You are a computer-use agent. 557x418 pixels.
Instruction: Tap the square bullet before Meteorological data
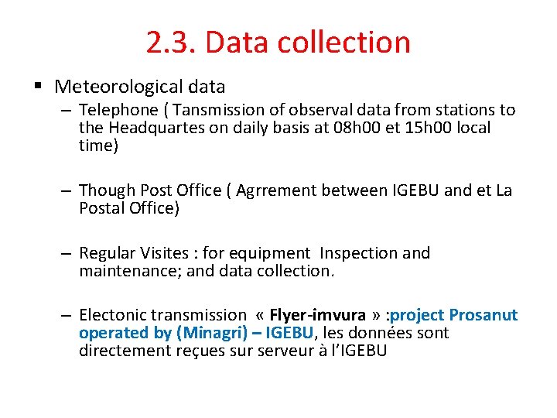point(40,86)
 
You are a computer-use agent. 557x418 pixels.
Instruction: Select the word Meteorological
point(120,86)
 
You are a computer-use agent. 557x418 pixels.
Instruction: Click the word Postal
point(101,208)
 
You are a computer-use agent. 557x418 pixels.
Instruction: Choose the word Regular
point(108,253)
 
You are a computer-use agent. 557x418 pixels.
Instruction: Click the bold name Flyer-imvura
point(317,315)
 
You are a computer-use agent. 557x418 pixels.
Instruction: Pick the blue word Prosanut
point(484,315)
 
